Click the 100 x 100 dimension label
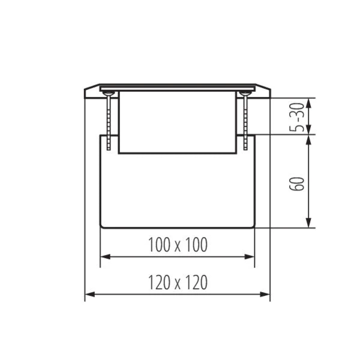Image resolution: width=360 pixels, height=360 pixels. point(178,245)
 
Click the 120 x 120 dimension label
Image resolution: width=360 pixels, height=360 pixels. point(178,282)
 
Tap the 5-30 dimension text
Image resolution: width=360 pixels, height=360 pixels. point(296,118)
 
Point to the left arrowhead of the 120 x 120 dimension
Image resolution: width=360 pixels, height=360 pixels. point(90,294)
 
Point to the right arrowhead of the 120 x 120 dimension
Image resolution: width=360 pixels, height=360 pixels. point(265,294)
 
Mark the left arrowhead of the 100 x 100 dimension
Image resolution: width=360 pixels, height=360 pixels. point(106,257)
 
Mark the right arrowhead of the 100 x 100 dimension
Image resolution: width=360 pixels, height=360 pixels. point(250,257)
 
